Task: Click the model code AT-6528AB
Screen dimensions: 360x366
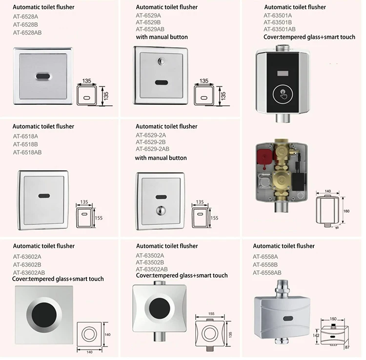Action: (x=27, y=32)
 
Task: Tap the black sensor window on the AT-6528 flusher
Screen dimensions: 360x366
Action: (x=43, y=76)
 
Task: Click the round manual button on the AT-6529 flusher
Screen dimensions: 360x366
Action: (x=161, y=62)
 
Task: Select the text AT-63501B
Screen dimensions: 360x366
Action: (x=278, y=22)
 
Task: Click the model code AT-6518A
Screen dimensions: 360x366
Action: (x=25, y=137)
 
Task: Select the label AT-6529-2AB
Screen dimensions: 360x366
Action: (x=152, y=149)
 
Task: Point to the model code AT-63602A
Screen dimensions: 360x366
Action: (x=27, y=256)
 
